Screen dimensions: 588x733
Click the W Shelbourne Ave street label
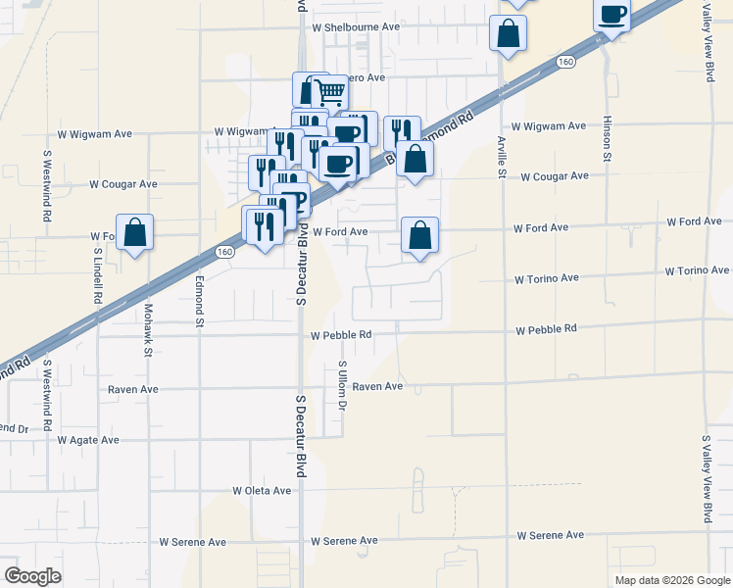pyautogui.click(x=356, y=27)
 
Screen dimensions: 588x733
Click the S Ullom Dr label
pyautogui.click(x=342, y=385)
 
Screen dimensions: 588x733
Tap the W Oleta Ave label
pyautogui.click(x=262, y=490)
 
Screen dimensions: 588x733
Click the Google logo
pyautogui.click(x=32, y=576)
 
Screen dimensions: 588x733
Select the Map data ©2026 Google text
pyautogui.click(x=671, y=580)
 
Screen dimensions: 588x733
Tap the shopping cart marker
pyautogui.click(x=330, y=92)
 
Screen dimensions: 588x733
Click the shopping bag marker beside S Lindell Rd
pyautogui.click(x=135, y=232)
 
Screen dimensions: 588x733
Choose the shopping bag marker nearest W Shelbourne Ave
pyautogui.click(x=509, y=32)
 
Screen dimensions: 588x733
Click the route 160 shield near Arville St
pyautogui.click(x=564, y=61)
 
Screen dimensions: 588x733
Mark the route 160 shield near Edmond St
pyautogui.click(x=225, y=251)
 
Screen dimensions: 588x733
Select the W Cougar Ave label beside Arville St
pyautogui.click(x=555, y=176)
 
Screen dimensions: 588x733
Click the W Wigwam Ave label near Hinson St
pyautogui.click(x=549, y=125)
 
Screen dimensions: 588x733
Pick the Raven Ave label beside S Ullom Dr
pyautogui.click(x=378, y=387)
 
